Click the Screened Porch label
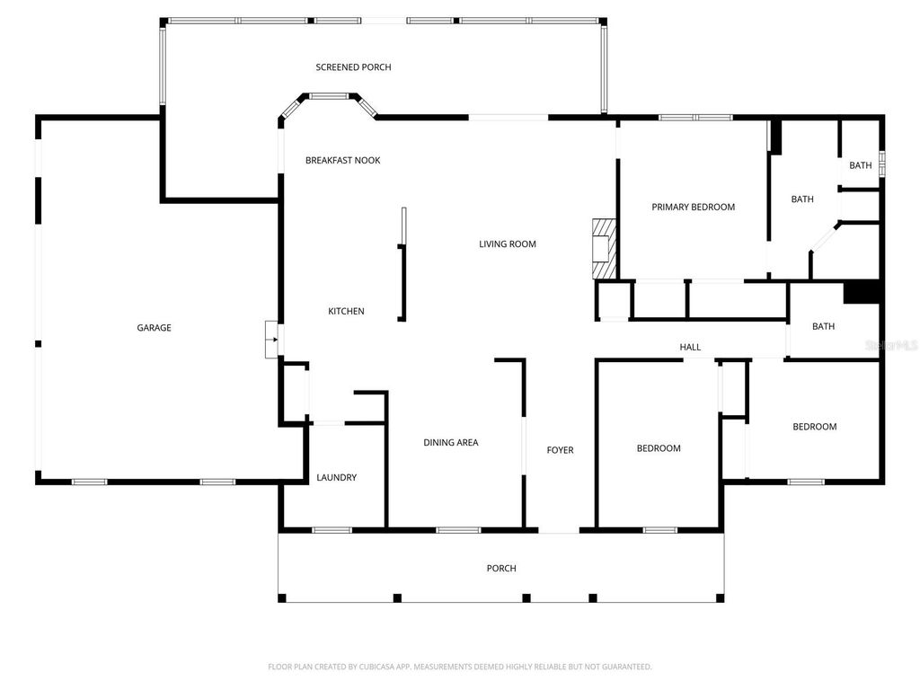[x=353, y=67]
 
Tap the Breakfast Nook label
[x=342, y=160]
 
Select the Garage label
[x=154, y=328]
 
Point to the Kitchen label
[x=346, y=312]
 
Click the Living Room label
[x=507, y=243]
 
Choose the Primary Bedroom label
[x=693, y=207]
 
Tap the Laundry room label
[x=337, y=478]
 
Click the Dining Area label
[x=451, y=442]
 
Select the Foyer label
[x=560, y=450]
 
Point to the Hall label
[x=690, y=347]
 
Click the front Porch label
[x=501, y=568]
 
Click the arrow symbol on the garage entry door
[x=271, y=340]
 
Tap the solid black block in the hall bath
[x=860, y=293]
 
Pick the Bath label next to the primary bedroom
[x=802, y=199]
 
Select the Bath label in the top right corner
[x=861, y=165]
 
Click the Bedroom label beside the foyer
[x=659, y=448]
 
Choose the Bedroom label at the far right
[x=814, y=427]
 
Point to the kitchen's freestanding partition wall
[x=403, y=270]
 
